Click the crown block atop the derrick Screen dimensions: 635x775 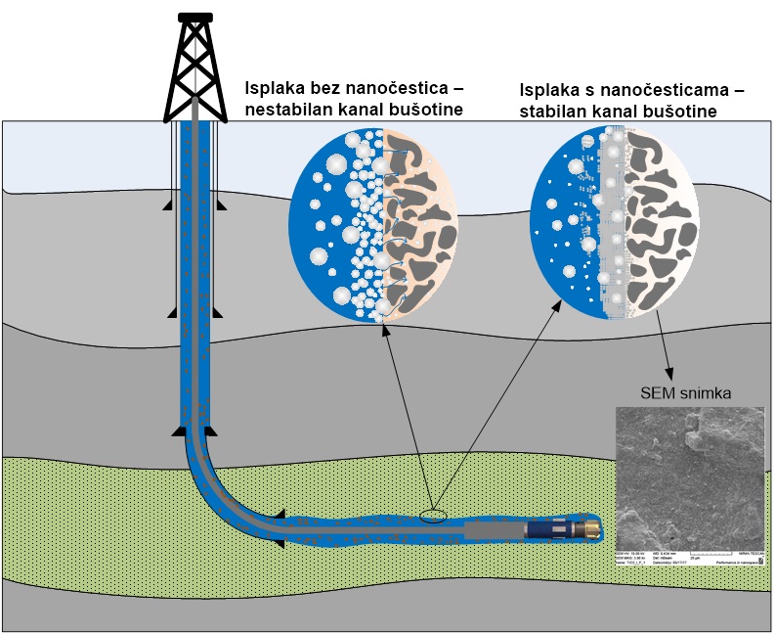tap(195, 18)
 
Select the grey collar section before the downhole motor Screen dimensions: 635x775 tap(494, 529)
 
